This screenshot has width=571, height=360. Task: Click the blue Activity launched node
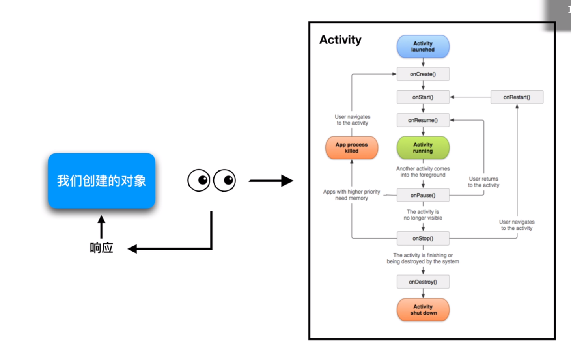click(423, 47)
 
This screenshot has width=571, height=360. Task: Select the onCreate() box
click(423, 74)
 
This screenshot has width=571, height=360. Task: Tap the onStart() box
click(423, 97)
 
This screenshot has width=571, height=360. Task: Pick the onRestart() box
click(517, 97)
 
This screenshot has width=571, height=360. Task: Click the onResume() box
click(423, 120)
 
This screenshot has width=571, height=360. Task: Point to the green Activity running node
click(423, 148)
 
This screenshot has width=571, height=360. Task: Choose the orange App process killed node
click(351, 148)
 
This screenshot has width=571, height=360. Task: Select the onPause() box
click(423, 195)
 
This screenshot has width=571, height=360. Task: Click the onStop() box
click(423, 238)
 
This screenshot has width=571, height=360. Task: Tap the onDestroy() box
click(423, 282)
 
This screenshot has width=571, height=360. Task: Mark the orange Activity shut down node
click(423, 310)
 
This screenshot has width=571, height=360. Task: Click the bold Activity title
click(340, 40)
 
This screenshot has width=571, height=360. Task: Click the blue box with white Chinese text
click(101, 181)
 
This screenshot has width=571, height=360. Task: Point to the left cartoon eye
click(199, 181)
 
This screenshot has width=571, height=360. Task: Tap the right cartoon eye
click(224, 181)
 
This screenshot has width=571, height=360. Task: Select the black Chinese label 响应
click(101, 248)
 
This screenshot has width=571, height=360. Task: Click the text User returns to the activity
click(483, 182)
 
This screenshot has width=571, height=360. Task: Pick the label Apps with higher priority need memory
click(351, 195)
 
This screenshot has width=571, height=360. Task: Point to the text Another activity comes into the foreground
click(423, 172)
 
